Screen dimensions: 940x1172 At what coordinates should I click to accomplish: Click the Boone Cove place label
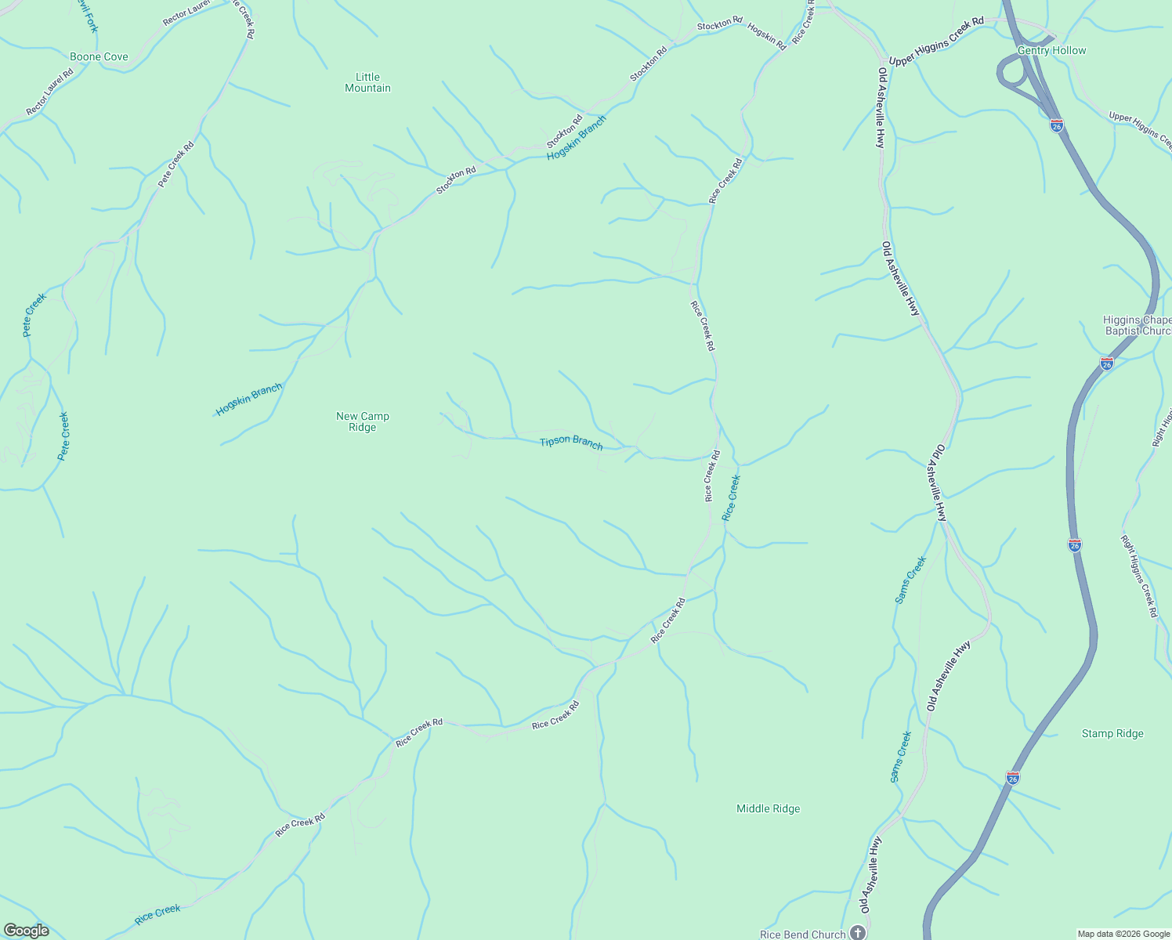pyautogui.click(x=99, y=56)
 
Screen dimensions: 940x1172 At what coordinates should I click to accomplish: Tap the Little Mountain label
pyautogui.click(x=367, y=82)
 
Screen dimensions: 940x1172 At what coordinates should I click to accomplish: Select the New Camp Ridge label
pyautogui.click(x=362, y=421)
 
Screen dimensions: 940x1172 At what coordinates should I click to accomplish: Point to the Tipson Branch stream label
pyautogui.click(x=571, y=443)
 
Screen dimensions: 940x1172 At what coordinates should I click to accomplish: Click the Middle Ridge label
pyautogui.click(x=768, y=808)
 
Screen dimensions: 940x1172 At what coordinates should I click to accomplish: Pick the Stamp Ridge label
pyautogui.click(x=1112, y=733)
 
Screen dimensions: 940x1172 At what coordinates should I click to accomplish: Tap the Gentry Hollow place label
pyautogui.click(x=1051, y=50)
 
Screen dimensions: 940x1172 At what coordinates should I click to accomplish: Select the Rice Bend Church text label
pyautogui.click(x=802, y=934)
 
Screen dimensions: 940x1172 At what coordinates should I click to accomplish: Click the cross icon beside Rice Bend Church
pyautogui.click(x=858, y=933)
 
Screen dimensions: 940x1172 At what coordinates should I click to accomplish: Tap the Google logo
pyautogui.click(x=26, y=931)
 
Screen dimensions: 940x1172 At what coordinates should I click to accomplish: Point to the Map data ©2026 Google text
pyautogui.click(x=1123, y=934)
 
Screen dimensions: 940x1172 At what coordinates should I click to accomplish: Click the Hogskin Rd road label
pyautogui.click(x=766, y=36)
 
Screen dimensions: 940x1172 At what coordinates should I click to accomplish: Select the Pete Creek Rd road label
pyautogui.click(x=175, y=164)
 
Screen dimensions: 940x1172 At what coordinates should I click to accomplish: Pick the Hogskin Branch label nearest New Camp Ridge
pyautogui.click(x=249, y=399)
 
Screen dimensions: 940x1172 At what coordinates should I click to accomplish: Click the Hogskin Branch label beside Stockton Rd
pyautogui.click(x=577, y=139)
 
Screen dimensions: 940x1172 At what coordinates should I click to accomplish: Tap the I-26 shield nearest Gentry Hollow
pyautogui.click(x=1056, y=125)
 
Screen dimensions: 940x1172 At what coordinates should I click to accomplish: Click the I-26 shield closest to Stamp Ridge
pyautogui.click(x=1012, y=778)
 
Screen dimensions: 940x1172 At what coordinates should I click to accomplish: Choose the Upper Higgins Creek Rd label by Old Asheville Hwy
pyautogui.click(x=936, y=42)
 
